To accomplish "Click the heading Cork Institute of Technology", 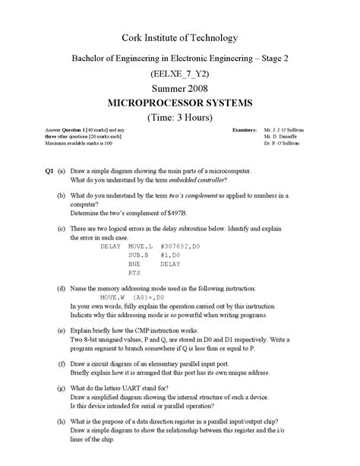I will click(180, 38).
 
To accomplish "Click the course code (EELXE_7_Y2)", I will click(180, 74).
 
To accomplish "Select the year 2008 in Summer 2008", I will click(194, 89).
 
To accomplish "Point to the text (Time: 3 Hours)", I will click(180, 118).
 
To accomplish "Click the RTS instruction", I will click(134, 271).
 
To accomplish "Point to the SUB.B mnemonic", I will click(138, 255).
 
